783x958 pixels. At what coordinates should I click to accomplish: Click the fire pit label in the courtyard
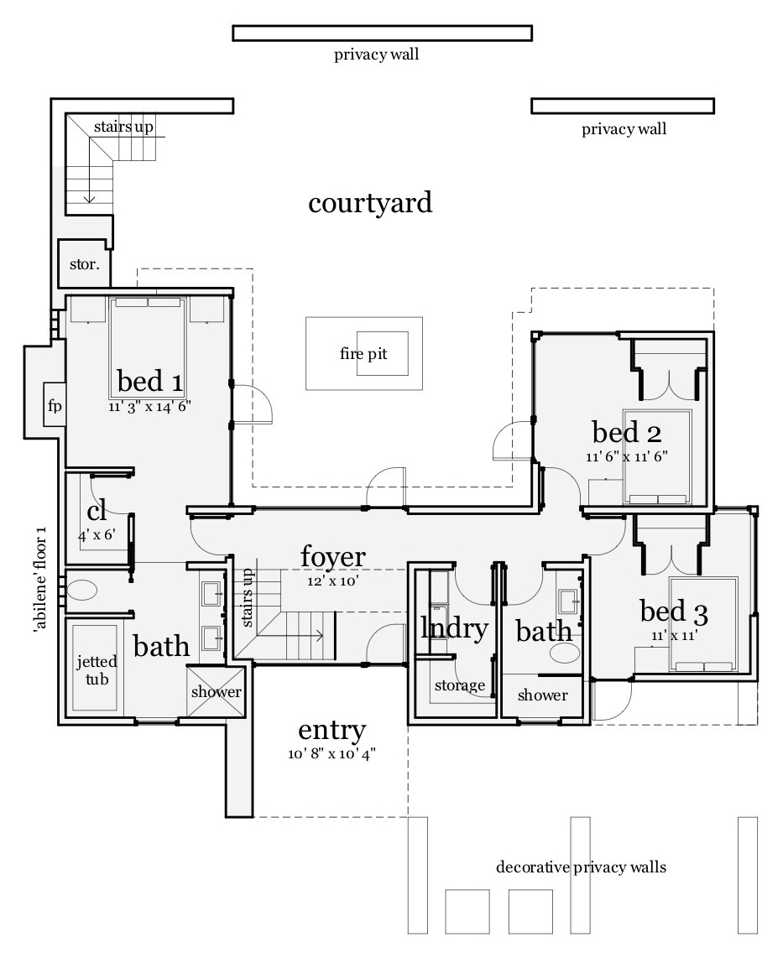coord(363,354)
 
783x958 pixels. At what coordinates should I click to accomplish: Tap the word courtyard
coord(370,203)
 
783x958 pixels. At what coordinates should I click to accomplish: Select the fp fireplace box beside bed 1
coord(55,407)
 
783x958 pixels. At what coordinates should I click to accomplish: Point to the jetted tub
coord(97,669)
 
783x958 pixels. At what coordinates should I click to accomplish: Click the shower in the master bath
coord(216,692)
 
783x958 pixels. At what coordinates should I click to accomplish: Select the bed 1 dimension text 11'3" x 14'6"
coord(150,407)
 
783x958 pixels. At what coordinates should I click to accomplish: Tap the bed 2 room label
coord(626,433)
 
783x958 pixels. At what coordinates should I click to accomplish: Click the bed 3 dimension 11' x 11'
coord(674,636)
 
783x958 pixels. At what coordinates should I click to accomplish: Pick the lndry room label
coord(454,628)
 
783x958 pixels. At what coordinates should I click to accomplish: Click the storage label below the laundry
coord(459,685)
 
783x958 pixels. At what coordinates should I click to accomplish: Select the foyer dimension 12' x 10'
coord(333,581)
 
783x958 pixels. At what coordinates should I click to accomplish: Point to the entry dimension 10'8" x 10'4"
coord(331,754)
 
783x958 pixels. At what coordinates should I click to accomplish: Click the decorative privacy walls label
coord(581,867)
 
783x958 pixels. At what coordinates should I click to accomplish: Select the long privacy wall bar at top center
coord(382,33)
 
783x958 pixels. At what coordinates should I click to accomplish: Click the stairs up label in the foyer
coord(248,597)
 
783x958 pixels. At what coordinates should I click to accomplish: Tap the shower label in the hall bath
coord(542,695)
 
